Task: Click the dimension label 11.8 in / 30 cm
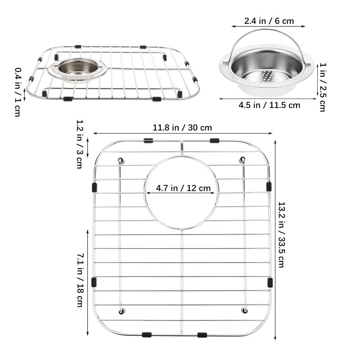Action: [182, 127]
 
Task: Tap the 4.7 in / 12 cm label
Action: [183, 188]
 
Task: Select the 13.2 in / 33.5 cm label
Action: [282, 234]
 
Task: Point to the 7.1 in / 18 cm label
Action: [81, 280]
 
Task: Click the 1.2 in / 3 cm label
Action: [80, 144]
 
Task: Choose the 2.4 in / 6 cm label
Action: [269, 21]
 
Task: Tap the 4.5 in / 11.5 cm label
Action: [269, 105]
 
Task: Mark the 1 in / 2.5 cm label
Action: [323, 87]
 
